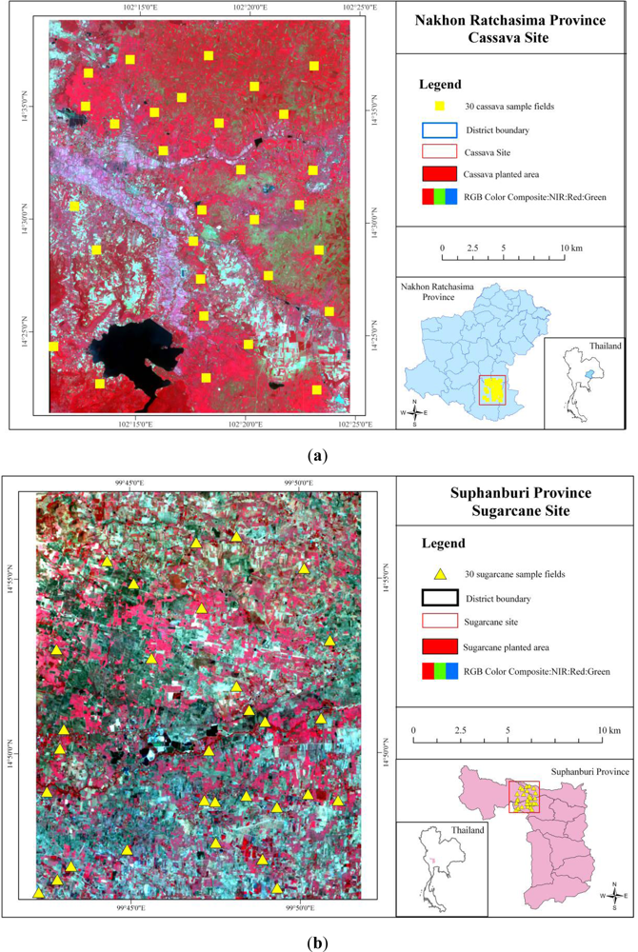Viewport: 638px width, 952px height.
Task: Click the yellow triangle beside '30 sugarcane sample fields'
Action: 440,574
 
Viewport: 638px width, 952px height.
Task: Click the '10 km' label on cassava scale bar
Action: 569,247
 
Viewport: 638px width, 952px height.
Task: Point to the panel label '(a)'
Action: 318,456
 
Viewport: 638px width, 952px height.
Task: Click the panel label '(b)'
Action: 318,943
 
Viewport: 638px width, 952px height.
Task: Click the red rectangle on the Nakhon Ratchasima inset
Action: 492,390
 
